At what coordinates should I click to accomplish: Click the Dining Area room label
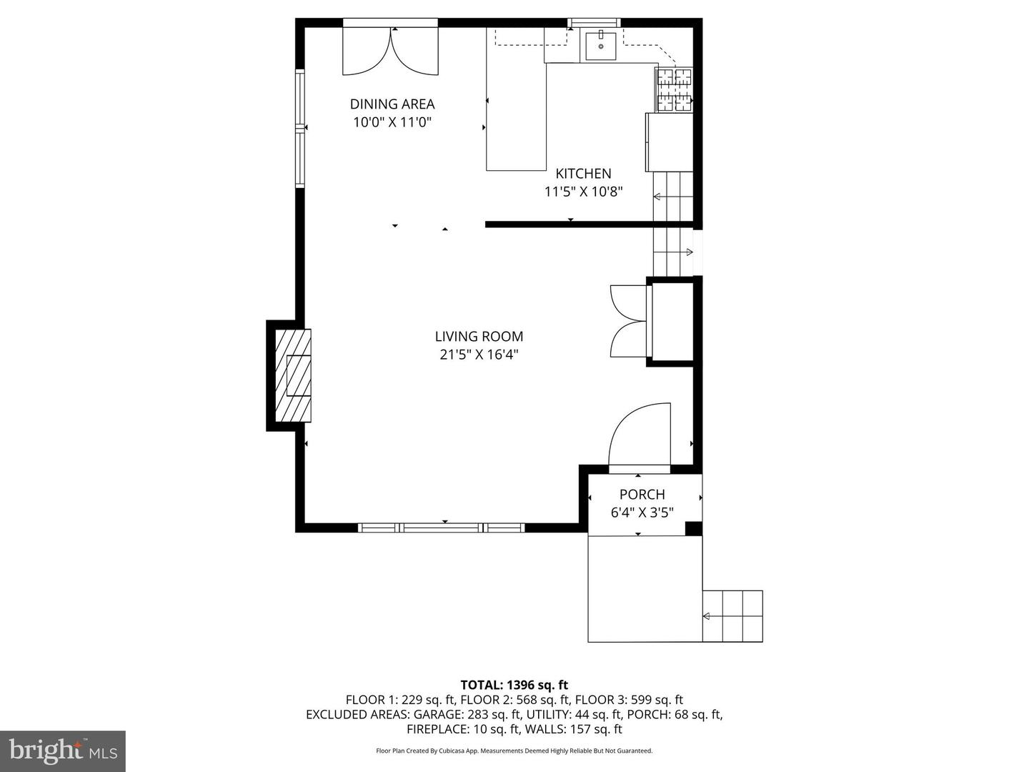click(392, 104)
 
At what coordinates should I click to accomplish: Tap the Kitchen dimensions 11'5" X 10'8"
click(583, 192)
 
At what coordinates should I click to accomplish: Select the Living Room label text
click(479, 336)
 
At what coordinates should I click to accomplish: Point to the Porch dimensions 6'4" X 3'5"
click(642, 513)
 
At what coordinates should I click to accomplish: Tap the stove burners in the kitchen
click(674, 90)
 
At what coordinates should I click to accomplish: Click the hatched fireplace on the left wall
click(293, 375)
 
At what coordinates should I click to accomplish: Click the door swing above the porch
click(640, 435)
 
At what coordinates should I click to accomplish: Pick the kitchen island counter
click(516, 99)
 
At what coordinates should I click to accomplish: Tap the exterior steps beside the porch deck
click(732, 616)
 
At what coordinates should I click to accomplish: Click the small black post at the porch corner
click(693, 528)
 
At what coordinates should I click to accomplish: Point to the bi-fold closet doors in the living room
click(629, 322)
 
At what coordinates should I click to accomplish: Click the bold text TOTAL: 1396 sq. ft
click(514, 685)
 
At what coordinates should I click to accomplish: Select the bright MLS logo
click(63, 750)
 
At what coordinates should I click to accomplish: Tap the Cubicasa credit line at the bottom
click(514, 751)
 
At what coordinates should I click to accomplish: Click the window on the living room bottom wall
click(441, 528)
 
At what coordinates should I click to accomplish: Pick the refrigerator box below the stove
click(670, 142)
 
